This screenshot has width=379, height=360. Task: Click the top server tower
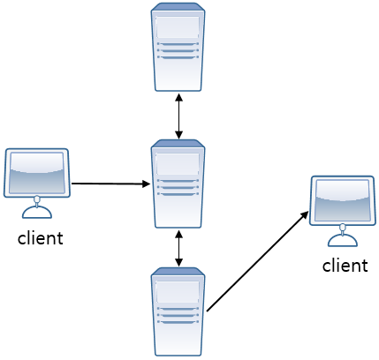[178, 48]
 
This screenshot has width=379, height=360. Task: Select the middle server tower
[178, 183]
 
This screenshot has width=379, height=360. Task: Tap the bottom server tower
[178, 313]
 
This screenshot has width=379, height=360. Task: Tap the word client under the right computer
[344, 265]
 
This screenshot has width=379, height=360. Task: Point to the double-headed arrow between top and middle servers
[179, 115]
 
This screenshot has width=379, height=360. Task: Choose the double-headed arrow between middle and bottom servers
[179, 249]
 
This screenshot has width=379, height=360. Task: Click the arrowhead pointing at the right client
[306, 214]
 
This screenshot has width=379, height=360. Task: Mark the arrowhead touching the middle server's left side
[146, 184]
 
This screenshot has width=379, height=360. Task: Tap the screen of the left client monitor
[36, 172]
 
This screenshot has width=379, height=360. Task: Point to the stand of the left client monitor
[36, 209]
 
